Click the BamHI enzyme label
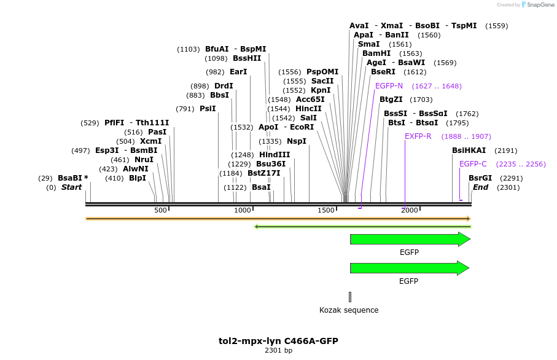click(x=376, y=53)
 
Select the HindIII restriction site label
click(x=275, y=154)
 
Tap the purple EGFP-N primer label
click(x=389, y=86)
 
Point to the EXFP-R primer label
click(x=418, y=136)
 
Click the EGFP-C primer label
click(x=473, y=164)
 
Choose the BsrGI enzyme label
click(x=480, y=178)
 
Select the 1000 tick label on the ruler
click(x=243, y=210)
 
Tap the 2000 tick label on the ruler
click(x=409, y=210)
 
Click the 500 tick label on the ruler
click(x=161, y=210)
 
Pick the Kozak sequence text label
click(x=349, y=310)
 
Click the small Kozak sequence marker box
click(x=350, y=297)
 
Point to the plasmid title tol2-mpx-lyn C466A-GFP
click(x=278, y=341)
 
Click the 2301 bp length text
click(x=278, y=351)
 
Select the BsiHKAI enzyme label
click(x=469, y=151)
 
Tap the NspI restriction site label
click(x=297, y=141)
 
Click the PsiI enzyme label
click(x=208, y=109)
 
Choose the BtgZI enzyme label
click(x=391, y=99)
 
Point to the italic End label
click(x=480, y=187)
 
